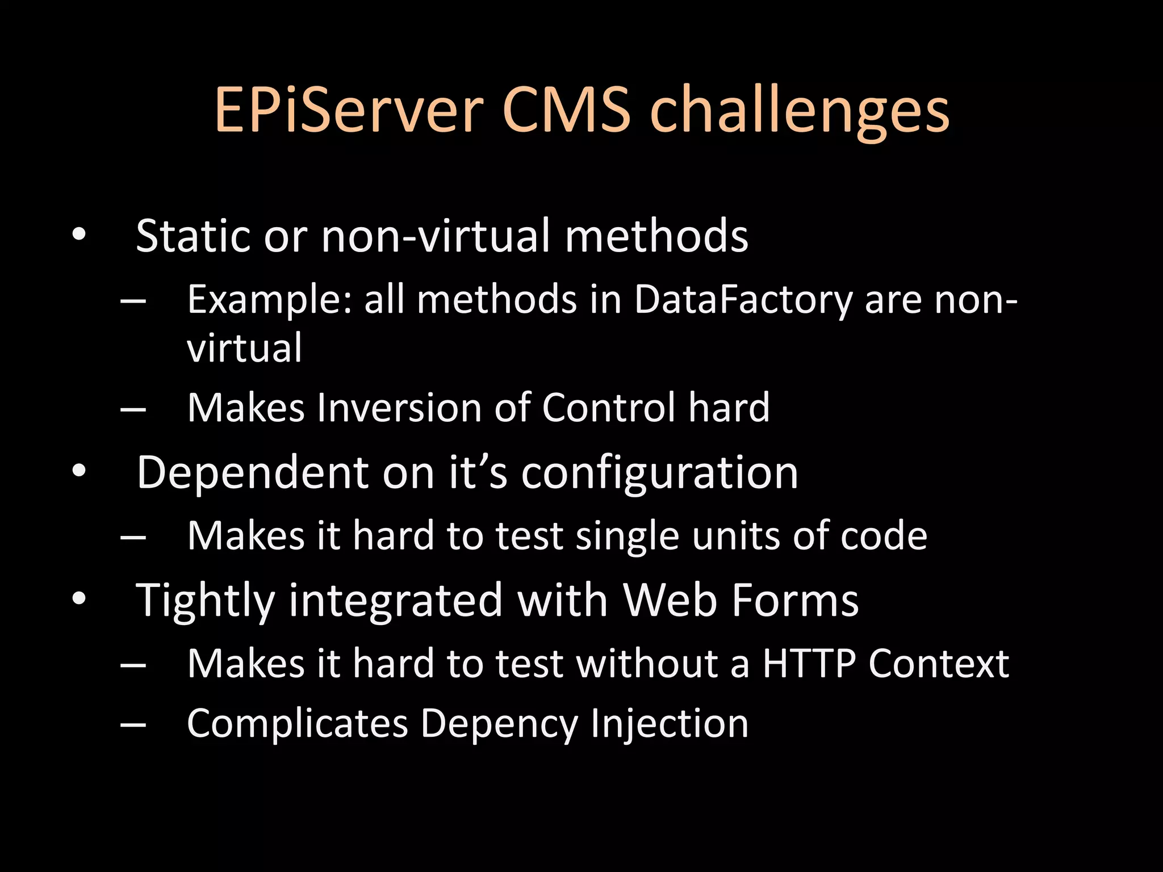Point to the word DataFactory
pyautogui.click(x=743, y=299)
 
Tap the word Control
pyautogui.click(x=608, y=408)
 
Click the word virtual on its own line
pyautogui.click(x=244, y=348)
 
